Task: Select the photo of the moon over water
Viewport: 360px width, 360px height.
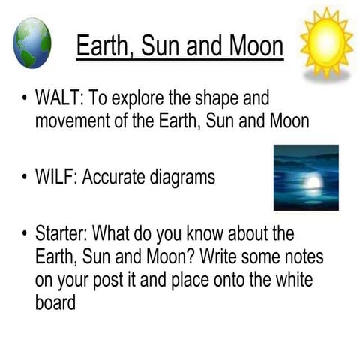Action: [305, 178]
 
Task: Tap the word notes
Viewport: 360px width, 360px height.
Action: [299, 256]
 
